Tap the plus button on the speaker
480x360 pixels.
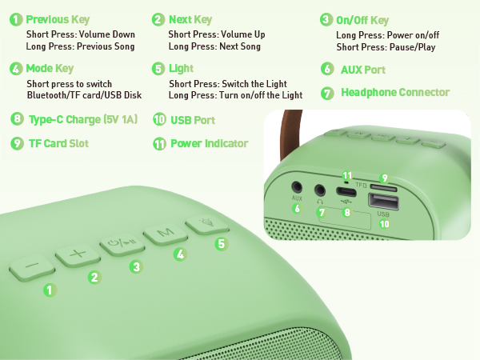(77, 255)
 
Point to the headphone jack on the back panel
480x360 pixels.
(322, 190)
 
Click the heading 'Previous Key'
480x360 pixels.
(58, 19)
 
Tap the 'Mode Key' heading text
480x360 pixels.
(50, 69)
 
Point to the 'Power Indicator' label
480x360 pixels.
(209, 144)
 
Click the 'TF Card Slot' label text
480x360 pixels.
(58, 144)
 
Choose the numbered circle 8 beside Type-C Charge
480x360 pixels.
(17, 119)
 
